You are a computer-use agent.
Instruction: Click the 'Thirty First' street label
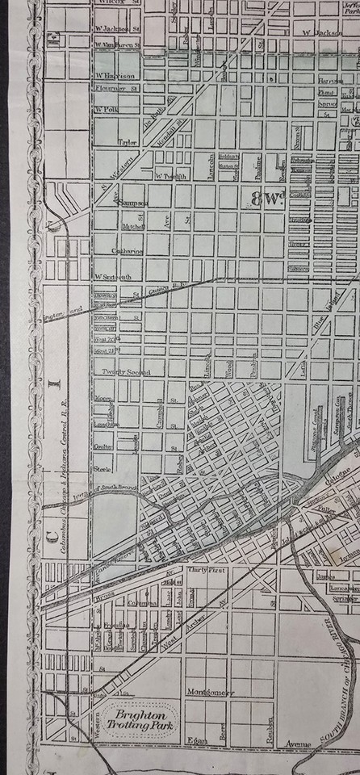pyautogui.click(x=207, y=570)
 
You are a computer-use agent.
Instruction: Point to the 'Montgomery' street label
pyautogui.click(x=209, y=692)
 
